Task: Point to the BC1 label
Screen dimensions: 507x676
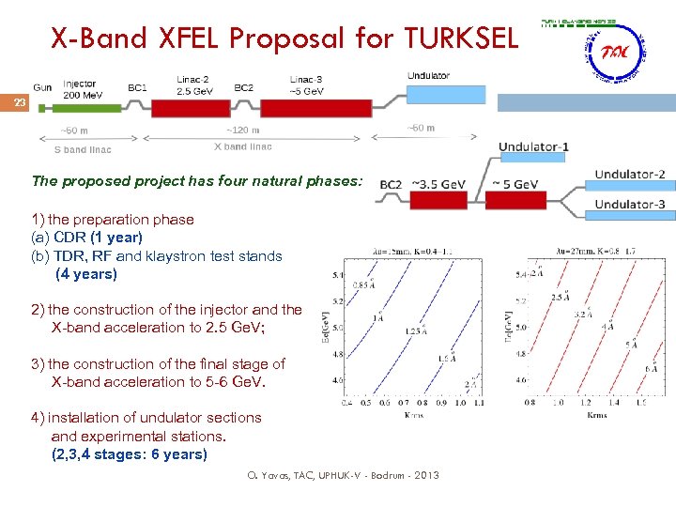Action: [x=137, y=87]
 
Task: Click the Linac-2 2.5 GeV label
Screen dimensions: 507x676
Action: [x=194, y=84]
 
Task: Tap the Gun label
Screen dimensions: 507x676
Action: [x=42, y=86]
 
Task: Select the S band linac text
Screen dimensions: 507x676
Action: [x=83, y=149]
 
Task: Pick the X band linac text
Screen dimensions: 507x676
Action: [x=242, y=146]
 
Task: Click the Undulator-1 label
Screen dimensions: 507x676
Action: [x=533, y=146]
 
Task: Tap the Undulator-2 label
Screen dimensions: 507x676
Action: [x=630, y=174]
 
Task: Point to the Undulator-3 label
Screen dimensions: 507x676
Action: [x=630, y=204]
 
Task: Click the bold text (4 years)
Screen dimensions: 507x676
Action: [x=86, y=274]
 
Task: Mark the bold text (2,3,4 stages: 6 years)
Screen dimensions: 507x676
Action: [x=129, y=454]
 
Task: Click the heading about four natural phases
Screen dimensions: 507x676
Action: [x=196, y=180]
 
